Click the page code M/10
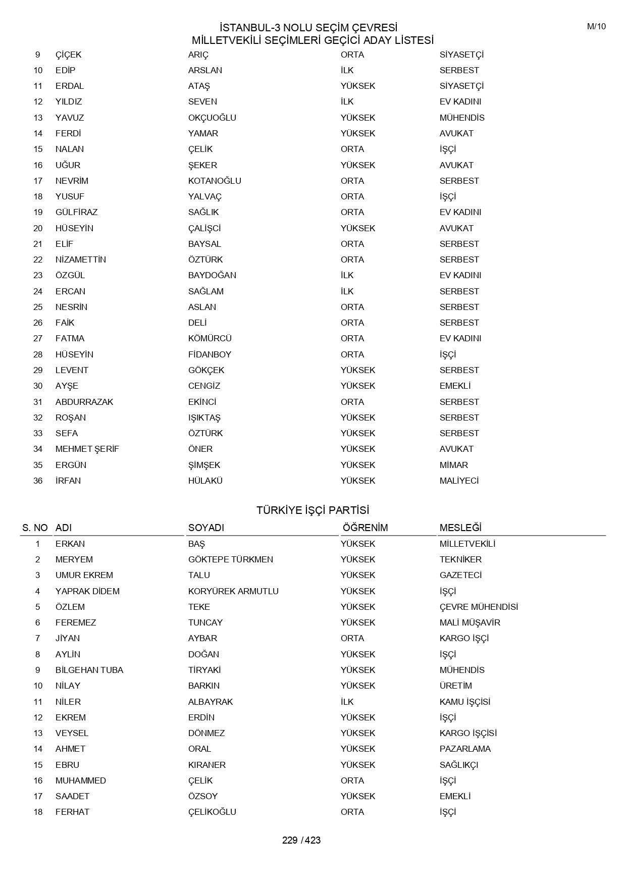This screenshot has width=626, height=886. click(x=596, y=27)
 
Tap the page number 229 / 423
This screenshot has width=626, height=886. click(x=301, y=840)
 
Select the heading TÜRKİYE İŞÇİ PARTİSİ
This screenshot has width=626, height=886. click(x=312, y=510)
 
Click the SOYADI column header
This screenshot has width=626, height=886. click(x=206, y=528)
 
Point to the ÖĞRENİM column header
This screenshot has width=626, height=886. click(x=365, y=528)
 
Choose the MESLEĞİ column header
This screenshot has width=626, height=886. click(x=460, y=528)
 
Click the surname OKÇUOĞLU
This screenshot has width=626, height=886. click(x=212, y=118)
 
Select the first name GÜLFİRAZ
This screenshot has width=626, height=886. click(x=76, y=212)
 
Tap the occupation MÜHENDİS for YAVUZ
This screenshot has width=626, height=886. click(x=462, y=118)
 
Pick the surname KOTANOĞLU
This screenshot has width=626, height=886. click(x=215, y=181)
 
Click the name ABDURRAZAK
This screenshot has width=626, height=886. click(x=84, y=402)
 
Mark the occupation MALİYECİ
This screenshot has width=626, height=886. click(x=459, y=481)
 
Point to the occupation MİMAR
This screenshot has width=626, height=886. click(x=453, y=465)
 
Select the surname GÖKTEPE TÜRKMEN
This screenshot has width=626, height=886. click(x=230, y=559)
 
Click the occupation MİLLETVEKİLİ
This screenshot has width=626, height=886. click(x=467, y=544)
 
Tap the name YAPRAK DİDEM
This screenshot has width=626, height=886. click(x=87, y=591)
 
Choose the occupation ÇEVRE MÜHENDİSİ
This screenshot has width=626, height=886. click(x=479, y=607)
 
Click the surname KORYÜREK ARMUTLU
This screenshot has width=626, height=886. click(x=233, y=591)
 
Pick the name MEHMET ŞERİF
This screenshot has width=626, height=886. click(x=87, y=449)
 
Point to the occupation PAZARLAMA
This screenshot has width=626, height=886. click(x=465, y=749)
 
